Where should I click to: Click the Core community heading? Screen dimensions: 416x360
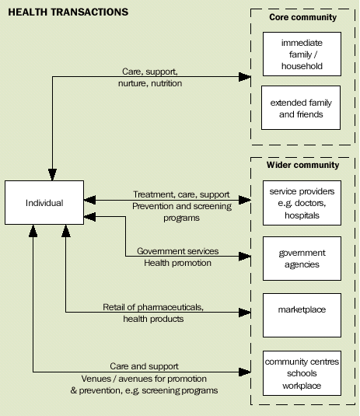click(x=303, y=17)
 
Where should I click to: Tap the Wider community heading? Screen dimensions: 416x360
click(x=303, y=165)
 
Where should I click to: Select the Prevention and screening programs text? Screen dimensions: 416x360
click(x=177, y=211)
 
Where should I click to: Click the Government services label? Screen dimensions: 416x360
click(x=177, y=251)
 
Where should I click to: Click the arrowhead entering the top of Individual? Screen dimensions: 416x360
click(x=52, y=175)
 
